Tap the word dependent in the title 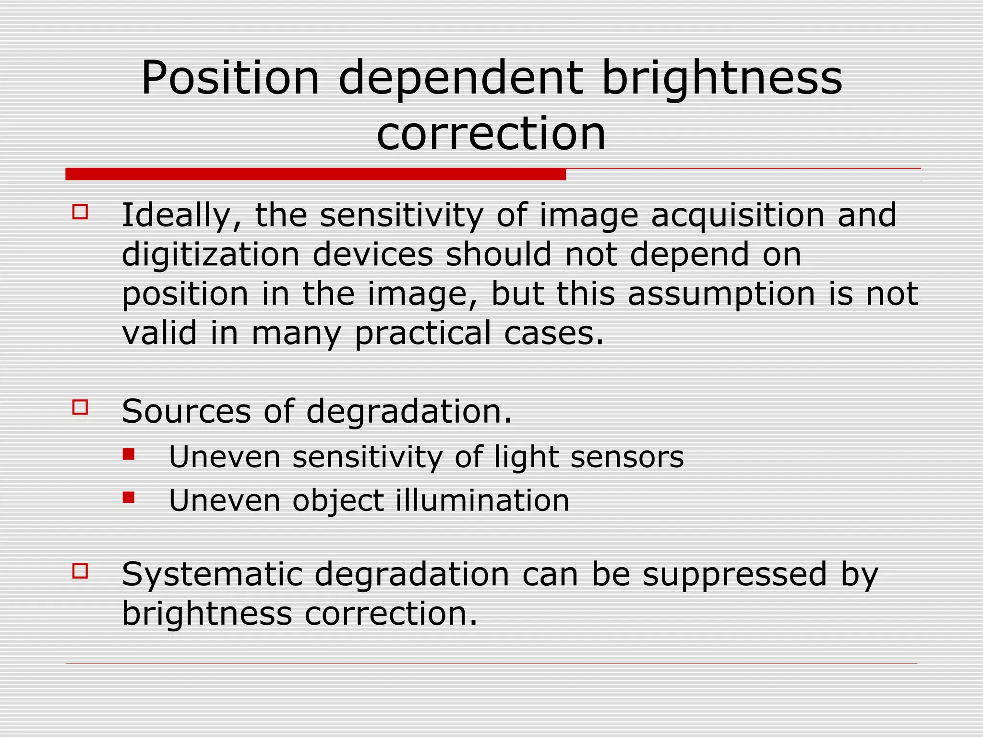[461, 79]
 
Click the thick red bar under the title [315, 174]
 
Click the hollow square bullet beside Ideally [80, 212]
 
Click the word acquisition [737, 216]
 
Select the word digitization [210, 255]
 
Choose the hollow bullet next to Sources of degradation [80, 407]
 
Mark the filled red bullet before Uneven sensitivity [129, 454]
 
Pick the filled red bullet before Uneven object [129, 498]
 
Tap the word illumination [482, 500]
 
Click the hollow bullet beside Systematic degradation [80, 571]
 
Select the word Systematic [212, 575]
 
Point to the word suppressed [735, 575]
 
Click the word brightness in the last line [207, 614]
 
